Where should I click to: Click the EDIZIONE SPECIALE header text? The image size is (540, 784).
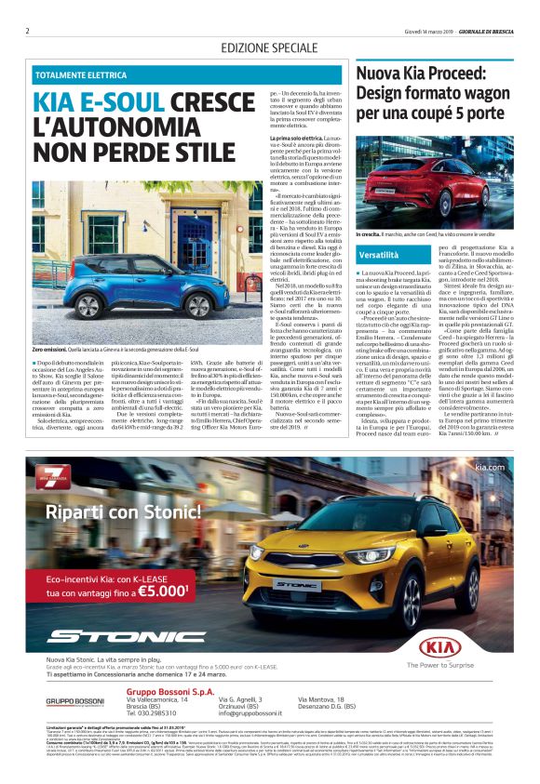click(x=269, y=47)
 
